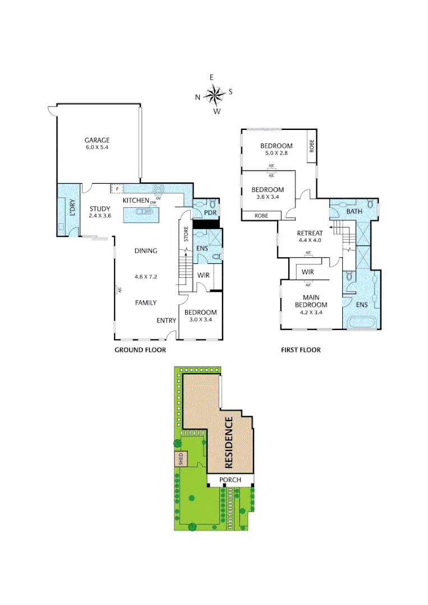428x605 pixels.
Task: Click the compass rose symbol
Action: (214, 95)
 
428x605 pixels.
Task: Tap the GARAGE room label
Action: (97, 140)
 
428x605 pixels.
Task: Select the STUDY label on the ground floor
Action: (100, 210)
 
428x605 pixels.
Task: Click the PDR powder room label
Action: (210, 213)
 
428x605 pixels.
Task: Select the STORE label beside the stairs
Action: (185, 234)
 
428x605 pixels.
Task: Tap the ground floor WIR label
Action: (203, 275)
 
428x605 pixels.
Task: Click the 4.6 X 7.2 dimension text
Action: (145, 277)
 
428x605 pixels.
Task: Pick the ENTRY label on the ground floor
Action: (166, 320)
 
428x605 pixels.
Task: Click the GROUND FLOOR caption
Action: (140, 350)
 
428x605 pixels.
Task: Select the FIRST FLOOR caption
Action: (301, 350)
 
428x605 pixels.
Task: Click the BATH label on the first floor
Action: (354, 212)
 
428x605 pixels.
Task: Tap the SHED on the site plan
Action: (181, 459)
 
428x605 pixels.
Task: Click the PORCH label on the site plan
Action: (230, 480)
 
